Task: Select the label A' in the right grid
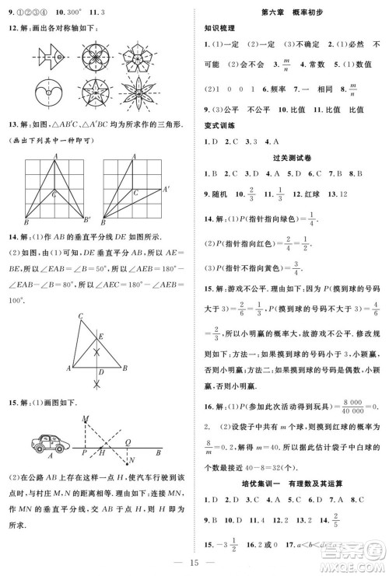point(165,189)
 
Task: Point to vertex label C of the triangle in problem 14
point(80,315)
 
